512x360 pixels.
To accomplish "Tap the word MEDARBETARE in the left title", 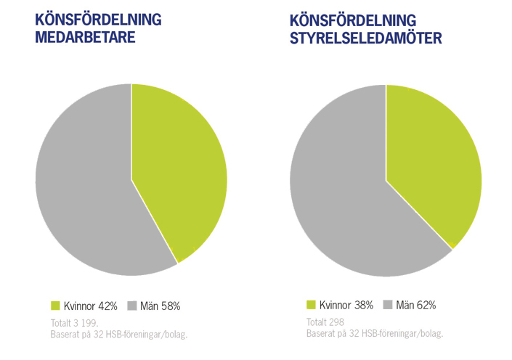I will [x=86, y=38].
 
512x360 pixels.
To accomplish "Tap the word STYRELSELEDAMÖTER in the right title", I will [x=365, y=38].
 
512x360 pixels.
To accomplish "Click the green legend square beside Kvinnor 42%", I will [x=56, y=306].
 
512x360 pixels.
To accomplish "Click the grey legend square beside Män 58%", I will [x=131, y=306].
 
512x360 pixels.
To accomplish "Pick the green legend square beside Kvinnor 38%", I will [x=312, y=306].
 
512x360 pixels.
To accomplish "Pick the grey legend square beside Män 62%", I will [x=388, y=306].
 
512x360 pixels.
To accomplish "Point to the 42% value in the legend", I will [x=107, y=306].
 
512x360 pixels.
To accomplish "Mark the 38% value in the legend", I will [x=363, y=306].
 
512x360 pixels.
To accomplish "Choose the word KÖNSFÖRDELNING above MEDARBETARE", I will [x=98, y=20].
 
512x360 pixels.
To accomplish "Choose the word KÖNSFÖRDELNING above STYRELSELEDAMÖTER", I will [x=353, y=20].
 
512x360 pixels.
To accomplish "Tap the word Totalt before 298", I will [x=317, y=322].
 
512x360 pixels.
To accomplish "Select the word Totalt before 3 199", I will [x=61, y=322].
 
